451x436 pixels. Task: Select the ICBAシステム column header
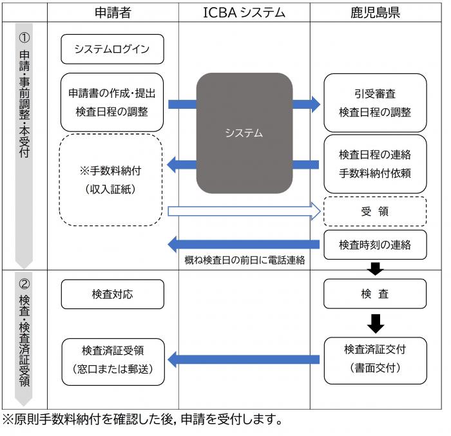coord(244,11)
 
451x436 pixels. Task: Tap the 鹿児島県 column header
coord(376,11)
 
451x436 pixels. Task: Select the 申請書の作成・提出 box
coord(112,102)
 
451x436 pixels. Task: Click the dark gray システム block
coord(244,133)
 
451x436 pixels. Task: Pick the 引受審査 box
coord(374,102)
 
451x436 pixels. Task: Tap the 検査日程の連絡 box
coord(374,164)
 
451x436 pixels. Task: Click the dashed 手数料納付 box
coord(112,180)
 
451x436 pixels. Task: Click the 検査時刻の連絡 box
coord(374,244)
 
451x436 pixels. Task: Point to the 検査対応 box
coord(112,294)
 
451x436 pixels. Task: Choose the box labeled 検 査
coord(374,294)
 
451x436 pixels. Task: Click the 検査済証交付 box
coord(374,358)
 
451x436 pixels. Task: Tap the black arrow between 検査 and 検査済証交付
coord(374,323)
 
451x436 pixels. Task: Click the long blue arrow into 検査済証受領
coord(244,359)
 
